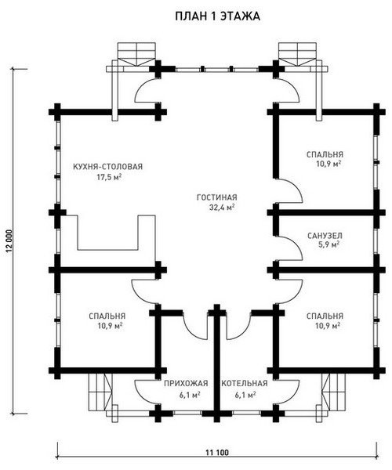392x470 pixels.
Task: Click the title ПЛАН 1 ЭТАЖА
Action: [217, 16]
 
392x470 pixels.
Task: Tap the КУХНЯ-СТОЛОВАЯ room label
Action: [108, 166]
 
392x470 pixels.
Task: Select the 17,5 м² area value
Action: [108, 177]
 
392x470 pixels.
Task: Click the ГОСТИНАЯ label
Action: [217, 197]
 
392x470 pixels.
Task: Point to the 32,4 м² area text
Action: [222, 208]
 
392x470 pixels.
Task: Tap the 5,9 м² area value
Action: [328, 244]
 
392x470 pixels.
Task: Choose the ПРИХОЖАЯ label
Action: [186, 383]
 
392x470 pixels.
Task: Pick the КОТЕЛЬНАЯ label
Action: [245, 383]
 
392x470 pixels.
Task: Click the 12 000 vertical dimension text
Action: [9, 241]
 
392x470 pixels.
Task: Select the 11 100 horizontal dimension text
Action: [217, 453]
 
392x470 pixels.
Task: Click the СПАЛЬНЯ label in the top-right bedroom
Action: [325, 154]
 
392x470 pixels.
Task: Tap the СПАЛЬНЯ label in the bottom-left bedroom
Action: [107, 316]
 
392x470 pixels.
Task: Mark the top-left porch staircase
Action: [137, 54]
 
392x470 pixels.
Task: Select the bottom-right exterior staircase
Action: [333, 393]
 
